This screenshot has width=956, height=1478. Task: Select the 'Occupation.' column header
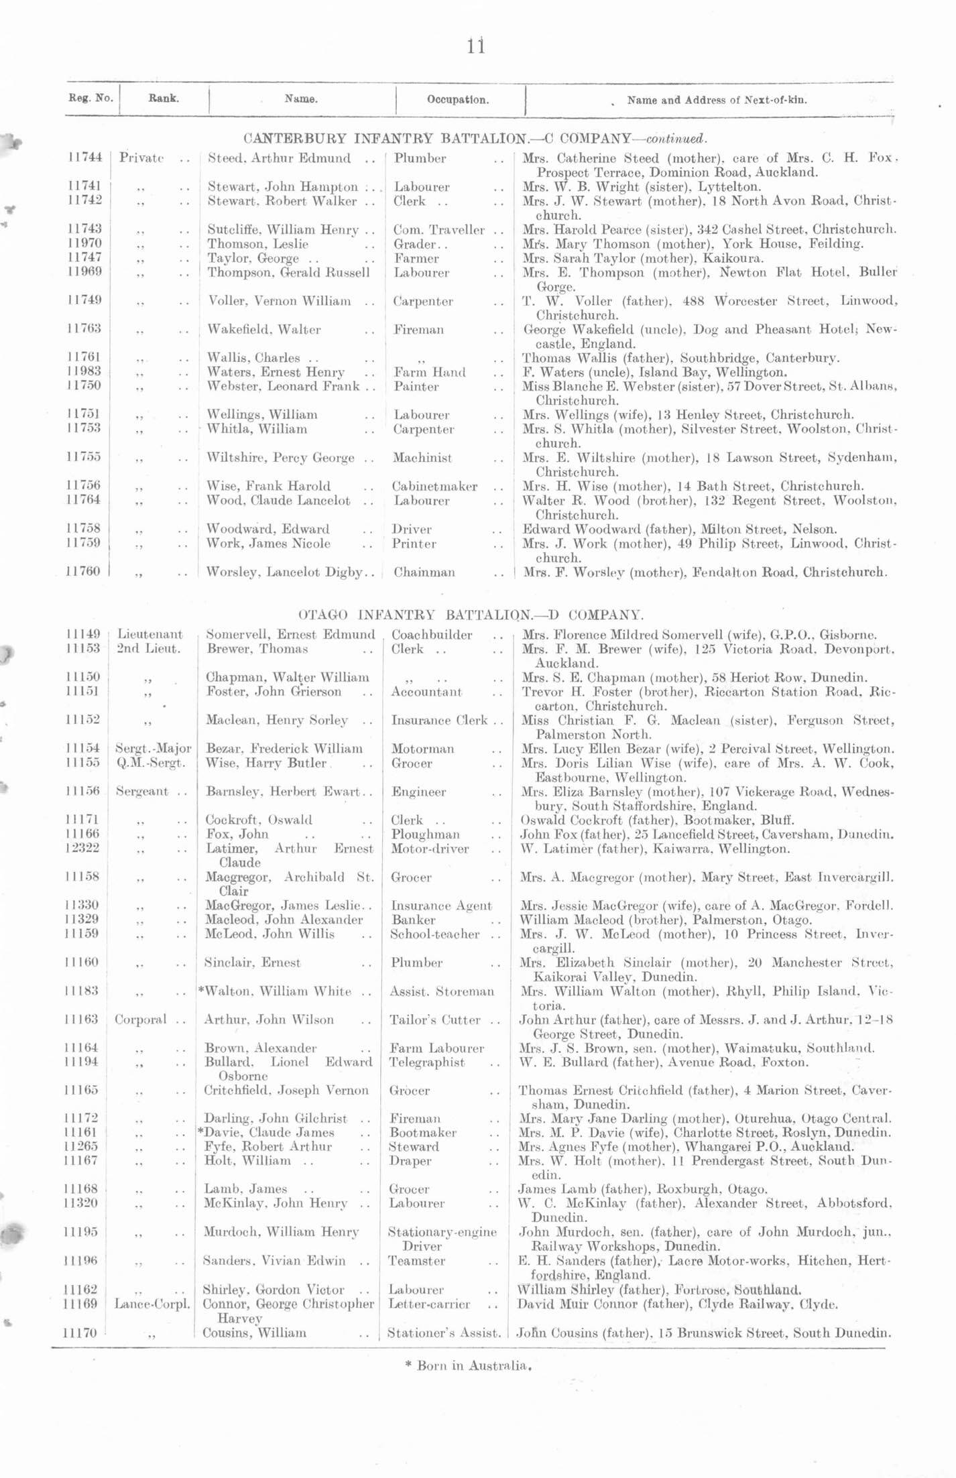[458, 100]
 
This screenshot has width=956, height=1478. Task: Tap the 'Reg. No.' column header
[91, 98]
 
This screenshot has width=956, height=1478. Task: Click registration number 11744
[85, 158]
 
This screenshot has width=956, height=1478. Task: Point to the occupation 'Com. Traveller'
[438, 230]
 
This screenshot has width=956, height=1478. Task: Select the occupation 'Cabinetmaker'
[435, 486]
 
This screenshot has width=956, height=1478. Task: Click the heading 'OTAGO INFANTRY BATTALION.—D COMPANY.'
[471, 614]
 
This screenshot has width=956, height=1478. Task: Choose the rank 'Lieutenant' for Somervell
[150, 634]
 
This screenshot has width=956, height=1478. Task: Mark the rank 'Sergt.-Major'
[154, 748]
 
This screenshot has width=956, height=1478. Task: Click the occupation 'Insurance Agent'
[441, 906]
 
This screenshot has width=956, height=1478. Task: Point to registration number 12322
[84, 849]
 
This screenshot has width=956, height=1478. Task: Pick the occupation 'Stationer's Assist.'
[444, 1333]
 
